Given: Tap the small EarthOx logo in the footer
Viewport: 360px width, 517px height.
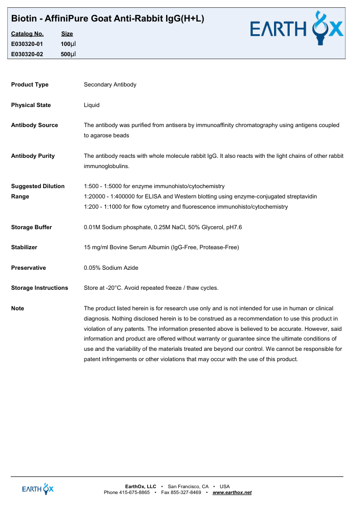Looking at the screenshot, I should tap(38, 489).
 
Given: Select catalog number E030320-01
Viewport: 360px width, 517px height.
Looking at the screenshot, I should tap(27, 44).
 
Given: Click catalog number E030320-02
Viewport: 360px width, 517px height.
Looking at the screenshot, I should tap(27, 54).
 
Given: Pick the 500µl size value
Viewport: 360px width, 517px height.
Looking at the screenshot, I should tap(68, 54).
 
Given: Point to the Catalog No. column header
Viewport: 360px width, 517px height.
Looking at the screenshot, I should tap(27, 34).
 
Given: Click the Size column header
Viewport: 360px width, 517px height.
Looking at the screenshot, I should tap(67, 34).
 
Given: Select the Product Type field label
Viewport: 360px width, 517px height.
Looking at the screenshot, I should tap(30, 85).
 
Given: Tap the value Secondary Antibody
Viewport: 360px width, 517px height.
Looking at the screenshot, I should tap(110, 85).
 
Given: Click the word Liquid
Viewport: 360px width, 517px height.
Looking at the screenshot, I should tap(92, 105).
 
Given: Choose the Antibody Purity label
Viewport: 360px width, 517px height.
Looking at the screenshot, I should tap(33, 156).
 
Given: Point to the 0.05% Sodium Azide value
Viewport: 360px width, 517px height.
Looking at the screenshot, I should tap(111, 268).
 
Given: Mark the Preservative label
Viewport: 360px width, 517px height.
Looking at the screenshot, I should tap(28, 268).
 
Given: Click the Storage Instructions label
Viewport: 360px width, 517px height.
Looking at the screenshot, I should tap(40, 288).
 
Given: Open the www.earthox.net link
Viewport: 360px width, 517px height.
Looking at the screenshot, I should tap(232, 493).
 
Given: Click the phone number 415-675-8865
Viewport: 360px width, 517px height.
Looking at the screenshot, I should tap(134, 493).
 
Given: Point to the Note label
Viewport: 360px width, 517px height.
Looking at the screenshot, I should tap(18, 308).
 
